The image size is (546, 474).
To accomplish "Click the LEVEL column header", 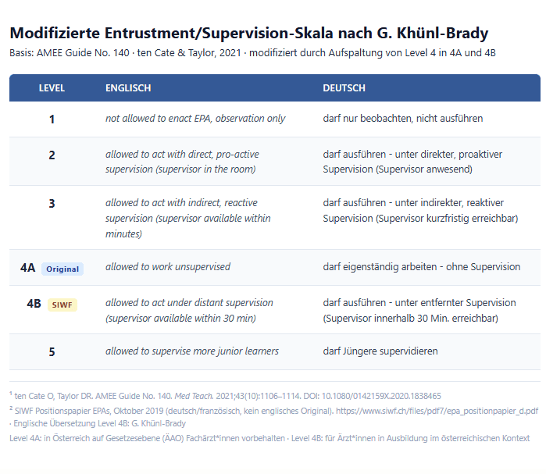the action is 52,88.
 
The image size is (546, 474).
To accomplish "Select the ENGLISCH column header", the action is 128,88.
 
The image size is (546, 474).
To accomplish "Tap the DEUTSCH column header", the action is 344,88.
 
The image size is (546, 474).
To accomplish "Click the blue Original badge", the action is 62,269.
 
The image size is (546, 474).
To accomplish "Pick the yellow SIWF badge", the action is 62,305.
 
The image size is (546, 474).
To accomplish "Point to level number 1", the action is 52,119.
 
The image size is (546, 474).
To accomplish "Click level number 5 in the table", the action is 52,352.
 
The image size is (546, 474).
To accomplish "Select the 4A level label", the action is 27,268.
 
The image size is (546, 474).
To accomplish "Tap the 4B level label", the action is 34,304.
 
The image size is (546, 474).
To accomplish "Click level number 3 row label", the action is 52,203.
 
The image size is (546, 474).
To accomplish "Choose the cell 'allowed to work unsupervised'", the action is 168,267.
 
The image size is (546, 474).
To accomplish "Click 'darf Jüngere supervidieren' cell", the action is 380,351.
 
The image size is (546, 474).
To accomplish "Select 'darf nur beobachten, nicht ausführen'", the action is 403,119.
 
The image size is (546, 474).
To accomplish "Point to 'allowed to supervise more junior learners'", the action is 192,351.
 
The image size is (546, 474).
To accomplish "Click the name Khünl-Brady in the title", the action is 442,33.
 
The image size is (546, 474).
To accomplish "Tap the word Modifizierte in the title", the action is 55,33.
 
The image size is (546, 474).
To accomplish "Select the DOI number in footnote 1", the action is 381,396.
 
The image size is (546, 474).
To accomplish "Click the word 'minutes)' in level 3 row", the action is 123,233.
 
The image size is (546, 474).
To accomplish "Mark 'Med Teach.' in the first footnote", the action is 194,396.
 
